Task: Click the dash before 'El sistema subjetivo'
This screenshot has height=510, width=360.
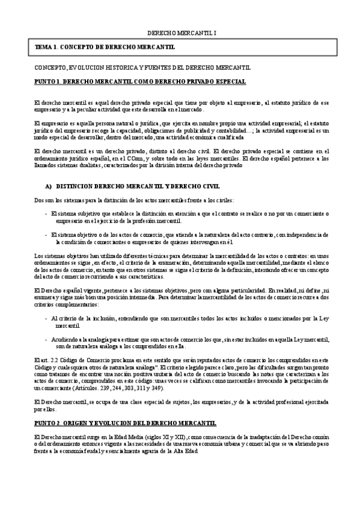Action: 46,213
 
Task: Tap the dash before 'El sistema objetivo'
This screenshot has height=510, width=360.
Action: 46,234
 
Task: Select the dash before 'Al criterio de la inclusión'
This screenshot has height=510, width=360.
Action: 46,317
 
